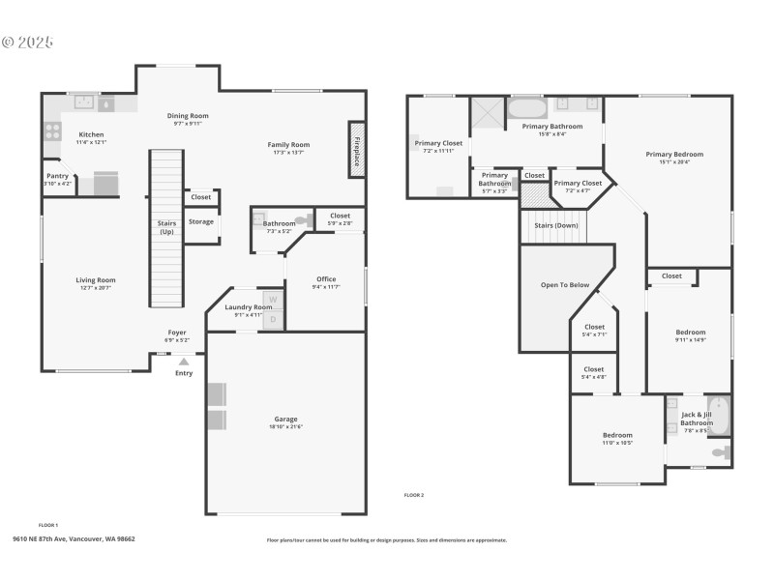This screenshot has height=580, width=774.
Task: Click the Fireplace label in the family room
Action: pyautogui.click(x=356, y=151)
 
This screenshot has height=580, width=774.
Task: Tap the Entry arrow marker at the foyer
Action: pyautogui.click(x=184, y=362)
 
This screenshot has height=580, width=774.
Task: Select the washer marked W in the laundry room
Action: pyautogui.click(x=273, y=300)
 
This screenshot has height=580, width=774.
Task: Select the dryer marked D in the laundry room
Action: pyautogui.click(x=273, y=318)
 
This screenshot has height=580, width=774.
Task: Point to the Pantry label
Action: pyautogui.click(x=57, y=176)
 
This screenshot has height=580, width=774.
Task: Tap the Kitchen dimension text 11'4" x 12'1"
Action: pyautogui.click(x=91, y=142)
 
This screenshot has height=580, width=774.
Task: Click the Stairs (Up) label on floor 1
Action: pyautogui.click(x=166, y=228)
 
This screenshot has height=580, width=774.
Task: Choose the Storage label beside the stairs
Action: pyautogui.click(x=200, y=221)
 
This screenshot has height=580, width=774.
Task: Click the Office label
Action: pyautogui.click(x=326, y=279)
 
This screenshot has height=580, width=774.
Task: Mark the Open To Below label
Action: pyautogui.click(x=565, y=285)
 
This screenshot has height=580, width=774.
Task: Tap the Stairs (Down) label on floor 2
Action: pyautogui.click(x=555, y=225)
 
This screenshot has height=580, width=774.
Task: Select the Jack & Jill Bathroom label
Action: pyautogui.click(x=697, y=419)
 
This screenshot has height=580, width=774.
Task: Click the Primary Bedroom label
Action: pyautogui.click(x=674, y=154)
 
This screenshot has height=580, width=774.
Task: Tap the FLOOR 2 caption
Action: pyautogui.click(x=414, y=495)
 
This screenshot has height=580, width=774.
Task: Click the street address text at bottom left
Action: pyautogui.click(x=74, y=539)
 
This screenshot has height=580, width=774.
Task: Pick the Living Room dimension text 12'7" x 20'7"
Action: pyautogui.click(x=96, y=288)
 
